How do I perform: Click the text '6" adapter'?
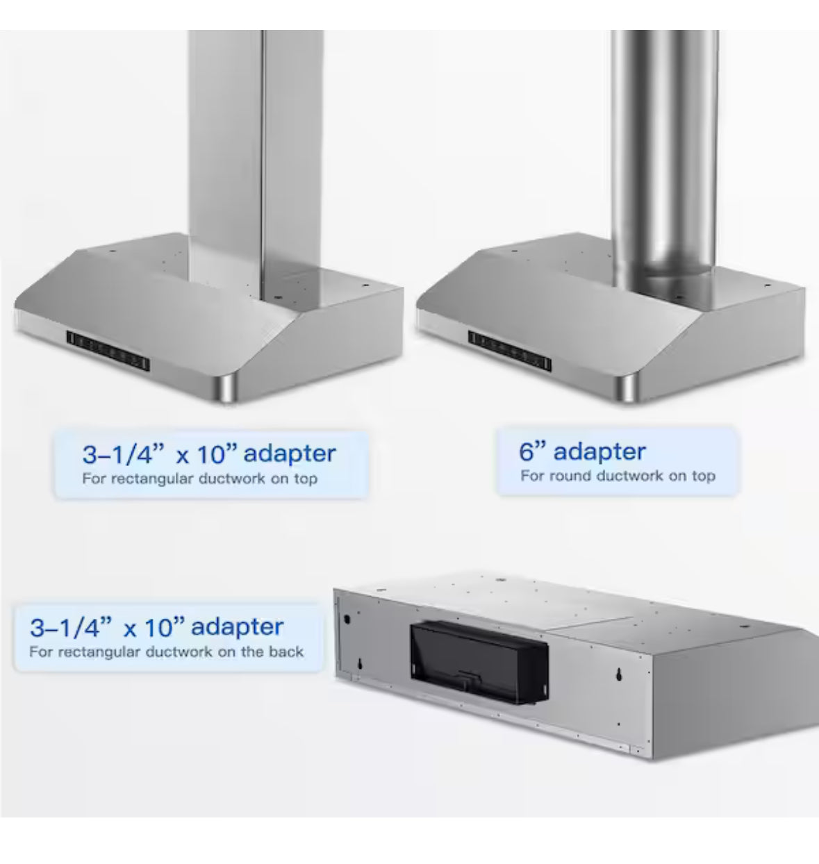pos(582,451)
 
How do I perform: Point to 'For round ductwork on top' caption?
pos(618,476)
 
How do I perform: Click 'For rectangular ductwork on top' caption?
pos(199,479)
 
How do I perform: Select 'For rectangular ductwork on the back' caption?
pos(167,652)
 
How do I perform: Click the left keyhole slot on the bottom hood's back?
pos(360,665)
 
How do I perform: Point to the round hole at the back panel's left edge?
pos(344,618)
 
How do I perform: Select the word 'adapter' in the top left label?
pos(290,454)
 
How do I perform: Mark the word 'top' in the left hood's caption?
pos(304,479)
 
